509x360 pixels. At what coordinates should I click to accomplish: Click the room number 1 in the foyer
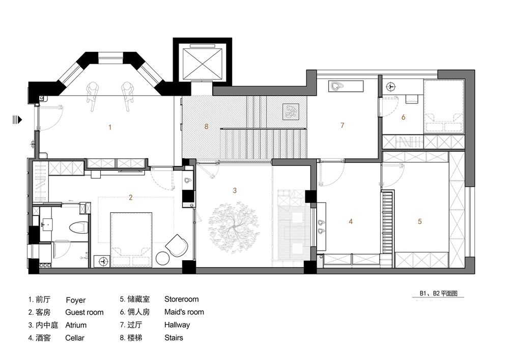click(109, 127)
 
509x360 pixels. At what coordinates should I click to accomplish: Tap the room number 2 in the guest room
click(131, 198)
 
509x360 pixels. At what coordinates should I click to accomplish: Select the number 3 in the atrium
click(235, 190)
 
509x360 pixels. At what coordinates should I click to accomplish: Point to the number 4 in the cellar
click(351, 221)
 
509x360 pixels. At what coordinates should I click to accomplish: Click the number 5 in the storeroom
click(419, 221)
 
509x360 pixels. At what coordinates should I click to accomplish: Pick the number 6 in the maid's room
click(403, 117)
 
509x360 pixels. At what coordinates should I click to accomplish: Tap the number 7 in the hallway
click(343, 125)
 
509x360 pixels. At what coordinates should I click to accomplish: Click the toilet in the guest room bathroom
click(77, 228)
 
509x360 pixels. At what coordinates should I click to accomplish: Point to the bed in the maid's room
click(444, 107)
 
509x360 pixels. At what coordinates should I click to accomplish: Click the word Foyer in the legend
click(75, 300)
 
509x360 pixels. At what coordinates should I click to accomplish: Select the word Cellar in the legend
click(75, 338)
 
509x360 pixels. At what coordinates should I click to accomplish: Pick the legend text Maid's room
click(184, 312)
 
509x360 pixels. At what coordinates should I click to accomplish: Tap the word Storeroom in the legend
click(181, 299)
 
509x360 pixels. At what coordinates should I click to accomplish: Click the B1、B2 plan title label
click(439, 293)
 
